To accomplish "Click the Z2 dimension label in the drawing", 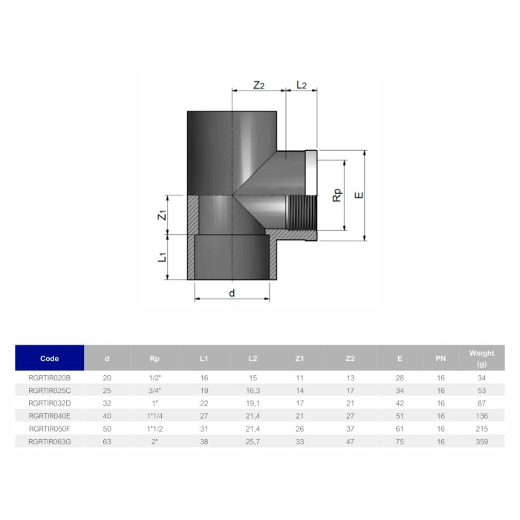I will click(259, 85).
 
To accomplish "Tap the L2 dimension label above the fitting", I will click(302, 85).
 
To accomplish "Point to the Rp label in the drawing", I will click(337, 194).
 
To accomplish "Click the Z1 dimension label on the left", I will click(161, 215).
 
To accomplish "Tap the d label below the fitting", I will click(232, 293).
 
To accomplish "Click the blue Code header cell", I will click(50, 358).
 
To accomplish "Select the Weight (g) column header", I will click(481, 358).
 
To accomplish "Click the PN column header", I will click(441, 359).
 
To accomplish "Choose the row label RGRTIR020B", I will click(50, 378).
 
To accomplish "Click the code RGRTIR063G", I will click(50, 441).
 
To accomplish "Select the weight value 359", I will click(481, 441).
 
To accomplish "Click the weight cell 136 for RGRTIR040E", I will click(481, 416).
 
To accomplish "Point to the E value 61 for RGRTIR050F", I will click(400, 429).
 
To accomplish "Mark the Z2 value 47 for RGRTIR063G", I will click(351, 441).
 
